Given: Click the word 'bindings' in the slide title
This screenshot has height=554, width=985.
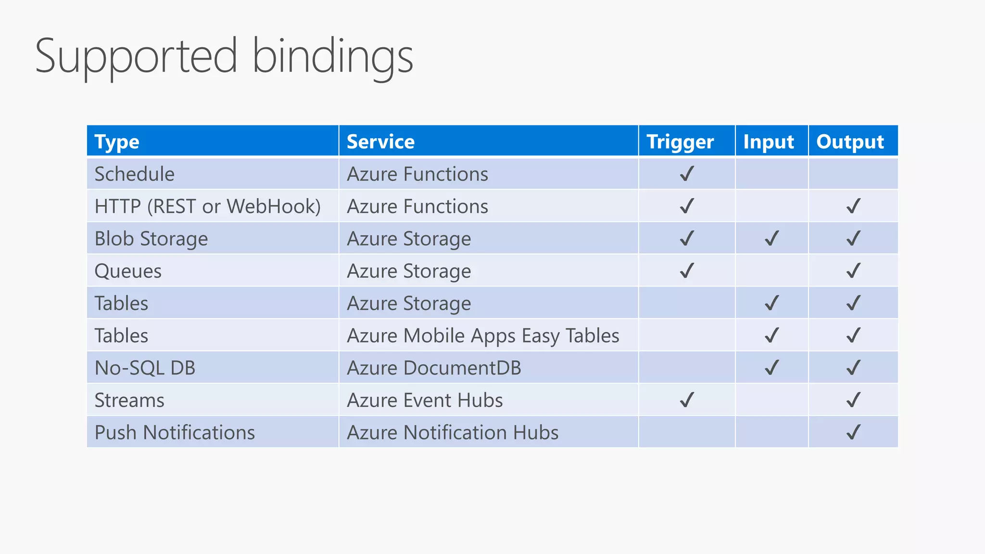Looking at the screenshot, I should pos(333,57).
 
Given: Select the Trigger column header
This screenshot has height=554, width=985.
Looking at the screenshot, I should pos(680,142).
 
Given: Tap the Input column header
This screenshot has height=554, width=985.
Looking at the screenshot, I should pos(768,142).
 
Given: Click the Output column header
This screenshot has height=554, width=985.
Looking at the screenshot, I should pos(850,142).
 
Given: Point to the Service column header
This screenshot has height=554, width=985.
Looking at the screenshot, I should pos(380,142).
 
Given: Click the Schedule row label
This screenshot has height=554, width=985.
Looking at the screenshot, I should pos(134,174).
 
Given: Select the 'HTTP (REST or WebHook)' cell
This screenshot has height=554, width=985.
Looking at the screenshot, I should pos(207,206).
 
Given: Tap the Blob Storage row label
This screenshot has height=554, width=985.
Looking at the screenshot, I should pos(151,239).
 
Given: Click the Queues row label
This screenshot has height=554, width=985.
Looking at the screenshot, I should pos(128,271).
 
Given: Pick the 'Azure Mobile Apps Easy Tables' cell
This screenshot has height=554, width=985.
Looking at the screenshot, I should pos(483,336).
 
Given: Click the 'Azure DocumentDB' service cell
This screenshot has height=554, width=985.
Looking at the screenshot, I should pos(434,368).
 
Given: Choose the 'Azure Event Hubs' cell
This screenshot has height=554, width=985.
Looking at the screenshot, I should pos(425,400).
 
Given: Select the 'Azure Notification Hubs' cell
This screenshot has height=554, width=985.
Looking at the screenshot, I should pos(453,432).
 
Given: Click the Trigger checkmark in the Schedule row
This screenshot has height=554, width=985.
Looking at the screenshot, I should pos(687,174).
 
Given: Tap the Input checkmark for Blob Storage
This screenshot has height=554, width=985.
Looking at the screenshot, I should pos(771,238).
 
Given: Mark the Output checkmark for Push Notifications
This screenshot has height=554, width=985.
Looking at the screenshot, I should pos(853,432).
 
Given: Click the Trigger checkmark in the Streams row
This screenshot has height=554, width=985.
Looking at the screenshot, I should pos(687,400).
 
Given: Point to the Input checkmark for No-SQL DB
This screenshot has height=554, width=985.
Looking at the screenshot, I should pos(771,367).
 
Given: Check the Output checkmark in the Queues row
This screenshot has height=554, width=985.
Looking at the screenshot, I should pos(853,271).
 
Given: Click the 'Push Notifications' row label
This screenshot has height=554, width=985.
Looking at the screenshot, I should pos(175,432).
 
